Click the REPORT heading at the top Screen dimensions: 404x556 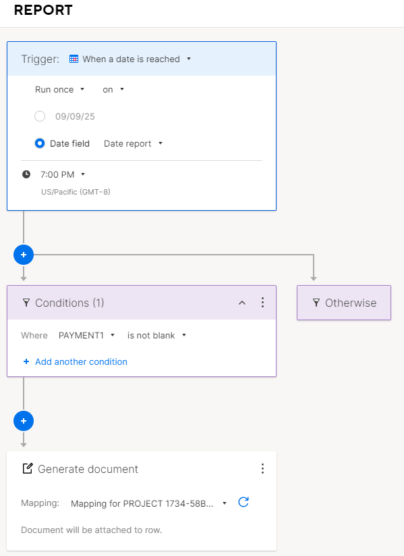pyautogui.click(x=43, y=10)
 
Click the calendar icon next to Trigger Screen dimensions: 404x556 pyautogui.click(x=74, y=59)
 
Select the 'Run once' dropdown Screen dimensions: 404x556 pyautogui.click(x=59, y=89)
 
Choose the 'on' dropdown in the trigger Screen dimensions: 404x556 pyautogui.click(x=113, y=89)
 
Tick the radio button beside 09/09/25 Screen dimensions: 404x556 pyautogui.click(x=40, y=116)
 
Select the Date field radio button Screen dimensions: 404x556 pyautogui.click(x=40, y=143)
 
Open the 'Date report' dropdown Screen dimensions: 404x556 pyautogui.click(x=133, y=143)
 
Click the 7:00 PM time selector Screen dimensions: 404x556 pyautogui.click(x=63, y=174)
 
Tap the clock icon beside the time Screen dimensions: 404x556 pyautogui.click(x=26, y=174)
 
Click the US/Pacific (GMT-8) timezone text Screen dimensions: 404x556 pyautogui.click(x=76, y=192)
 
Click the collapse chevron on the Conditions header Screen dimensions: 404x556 pyautogui.click(x=242, y=303)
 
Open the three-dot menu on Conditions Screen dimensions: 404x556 pyautogui.click(x=262, y=303)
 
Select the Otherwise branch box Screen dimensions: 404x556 pyautogui.click(x=344, y=303)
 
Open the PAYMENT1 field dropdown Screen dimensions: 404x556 pyautogui.click(x=87, y=336)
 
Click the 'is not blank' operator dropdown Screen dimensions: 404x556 pyautogui.click(x=157, y=336)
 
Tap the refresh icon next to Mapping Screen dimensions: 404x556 pyautogui.click(x=243, y=502)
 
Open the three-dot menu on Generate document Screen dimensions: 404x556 pyautogui.click(x=262, y=468)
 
